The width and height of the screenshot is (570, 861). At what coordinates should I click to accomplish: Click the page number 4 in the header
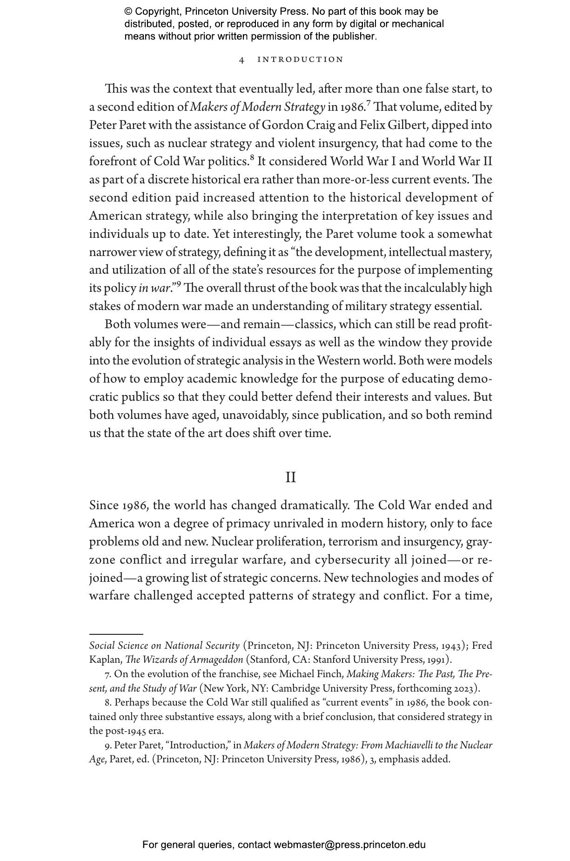coord(241,60)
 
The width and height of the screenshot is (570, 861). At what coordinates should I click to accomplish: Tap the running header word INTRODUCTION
coord(300,60)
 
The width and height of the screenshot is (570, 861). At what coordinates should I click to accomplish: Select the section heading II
coord(290,478)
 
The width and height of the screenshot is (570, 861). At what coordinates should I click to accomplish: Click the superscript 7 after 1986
coord(369,103)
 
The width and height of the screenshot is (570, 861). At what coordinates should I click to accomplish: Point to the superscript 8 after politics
coord(252,158)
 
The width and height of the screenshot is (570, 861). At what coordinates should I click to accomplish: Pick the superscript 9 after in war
coord(179,284)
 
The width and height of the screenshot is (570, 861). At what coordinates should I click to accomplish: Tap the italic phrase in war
coord(154,289)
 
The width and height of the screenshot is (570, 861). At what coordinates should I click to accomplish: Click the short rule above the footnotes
coord(116,634)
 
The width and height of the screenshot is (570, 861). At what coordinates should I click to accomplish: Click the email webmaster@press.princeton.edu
coord(349,845)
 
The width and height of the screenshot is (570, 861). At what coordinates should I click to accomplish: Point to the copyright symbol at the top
coord(128,12)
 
